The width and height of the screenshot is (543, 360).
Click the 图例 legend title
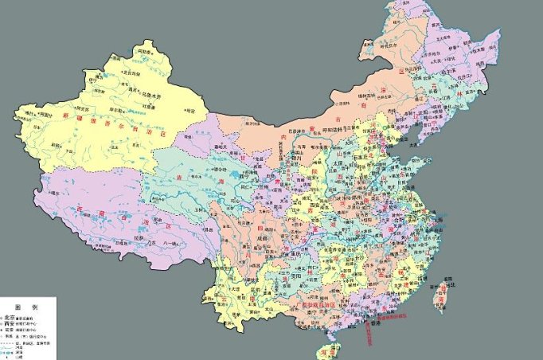[27, 307]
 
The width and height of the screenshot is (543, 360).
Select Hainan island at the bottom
[325, 351]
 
